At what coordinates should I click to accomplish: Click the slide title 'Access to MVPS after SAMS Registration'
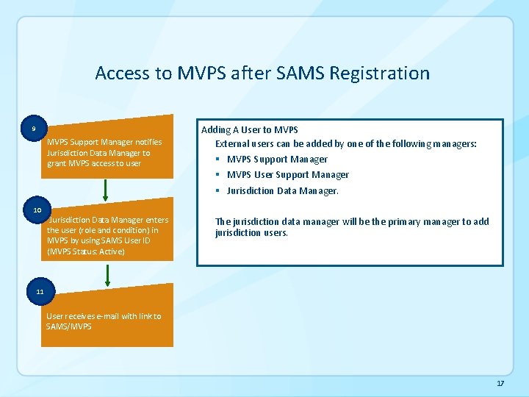tap(262, 74)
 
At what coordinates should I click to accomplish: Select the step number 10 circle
tap(37, 210)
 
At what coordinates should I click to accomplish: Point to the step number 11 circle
tap(40, 292)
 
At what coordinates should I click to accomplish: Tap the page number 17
tap(500, 384)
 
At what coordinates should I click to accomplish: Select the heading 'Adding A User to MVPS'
tap(249, 129)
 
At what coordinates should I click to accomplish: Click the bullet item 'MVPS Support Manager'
tap(277, 160)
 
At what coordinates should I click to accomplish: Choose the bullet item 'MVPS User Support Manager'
tap(287, 175)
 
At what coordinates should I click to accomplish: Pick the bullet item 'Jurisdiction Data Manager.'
tap(282, 191)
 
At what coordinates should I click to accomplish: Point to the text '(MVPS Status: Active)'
tap(85, 252)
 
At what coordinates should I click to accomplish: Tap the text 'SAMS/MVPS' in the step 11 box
tap(69, 326)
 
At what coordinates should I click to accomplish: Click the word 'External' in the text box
tap(231, 144)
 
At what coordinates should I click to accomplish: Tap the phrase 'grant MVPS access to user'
tap(93, 163)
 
